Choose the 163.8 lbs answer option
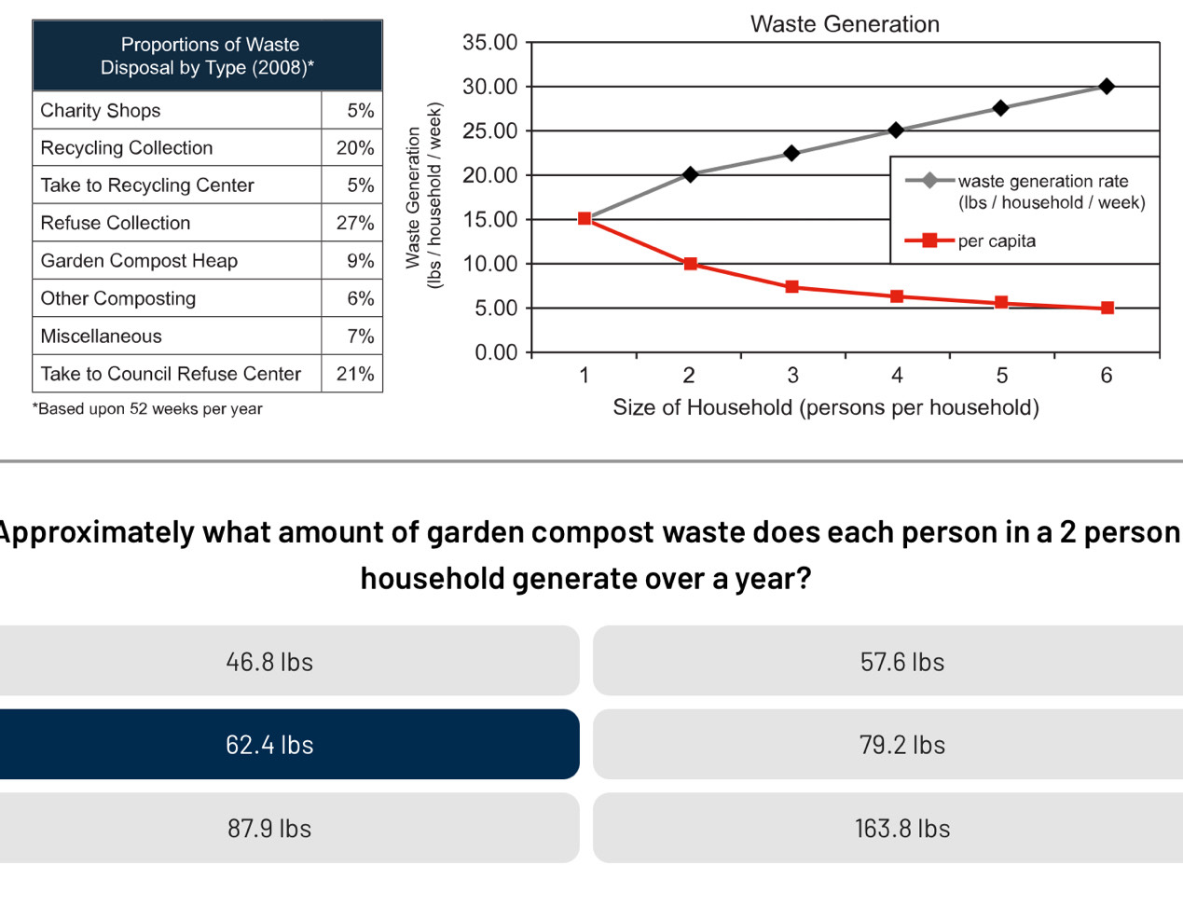tap(901, 828)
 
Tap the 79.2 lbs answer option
tap(901, 744)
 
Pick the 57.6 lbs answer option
tap(901, 661)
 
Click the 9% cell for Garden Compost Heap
tap(359, 261)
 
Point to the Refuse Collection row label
tap(116, 223)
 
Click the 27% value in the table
tap(355, 223)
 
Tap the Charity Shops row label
tap(101, 110)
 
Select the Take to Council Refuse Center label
tap(171, 374)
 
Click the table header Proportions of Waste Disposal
tap(208, 56)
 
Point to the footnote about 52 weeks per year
tap(147, 408)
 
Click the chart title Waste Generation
tap(845, 24)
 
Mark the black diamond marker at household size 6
tap(1107, 86)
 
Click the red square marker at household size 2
tap(690, 264)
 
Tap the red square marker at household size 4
tap(897, 296)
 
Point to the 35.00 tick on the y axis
tap(490, 43)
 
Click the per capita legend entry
tap(996, 240)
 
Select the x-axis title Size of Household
tap(826, 407)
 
